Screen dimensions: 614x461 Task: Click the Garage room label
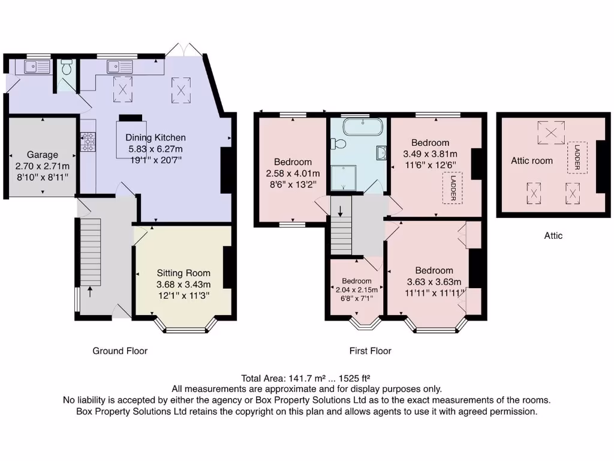point(43,155)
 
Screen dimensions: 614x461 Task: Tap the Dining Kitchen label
point(155,137)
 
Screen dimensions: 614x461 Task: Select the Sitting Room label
point(183,273)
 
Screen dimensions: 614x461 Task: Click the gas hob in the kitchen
point(88,142)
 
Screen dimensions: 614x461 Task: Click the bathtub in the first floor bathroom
point(363,127)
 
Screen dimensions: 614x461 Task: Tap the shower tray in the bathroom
point(344,178)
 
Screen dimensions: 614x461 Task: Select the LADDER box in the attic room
point(577,158)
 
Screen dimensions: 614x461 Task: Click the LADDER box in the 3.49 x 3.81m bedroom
point(453,188)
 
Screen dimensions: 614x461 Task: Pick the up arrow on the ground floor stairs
point(90,291)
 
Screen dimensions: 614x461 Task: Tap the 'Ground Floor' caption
point(120,351)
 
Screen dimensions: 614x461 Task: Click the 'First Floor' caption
point(371,351)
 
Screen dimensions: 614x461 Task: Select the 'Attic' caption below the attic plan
point(553,235)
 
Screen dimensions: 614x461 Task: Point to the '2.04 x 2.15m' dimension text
point(357,290)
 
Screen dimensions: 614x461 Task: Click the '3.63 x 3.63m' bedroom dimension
point(434,282)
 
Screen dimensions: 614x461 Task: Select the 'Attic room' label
point(532,161)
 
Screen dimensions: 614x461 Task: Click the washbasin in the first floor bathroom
point(381,153)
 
